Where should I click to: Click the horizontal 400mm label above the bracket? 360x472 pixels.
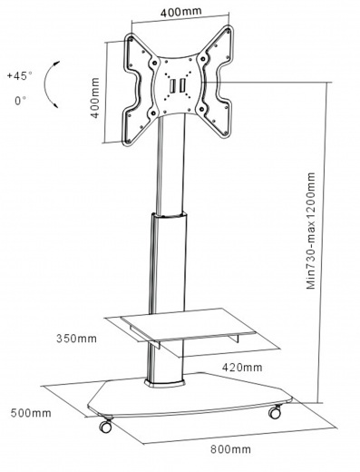tap(180, 12)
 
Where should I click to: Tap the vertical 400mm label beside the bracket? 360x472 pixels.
tap(94, 98)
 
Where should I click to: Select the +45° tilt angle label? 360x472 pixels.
tap(20, 75)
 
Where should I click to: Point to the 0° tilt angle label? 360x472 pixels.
tap(21, 100)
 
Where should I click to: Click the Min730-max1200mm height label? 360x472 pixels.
tap(311, 231)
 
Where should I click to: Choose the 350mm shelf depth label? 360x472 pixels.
tap(76, 339)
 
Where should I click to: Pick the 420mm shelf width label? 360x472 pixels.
tap(242, 368)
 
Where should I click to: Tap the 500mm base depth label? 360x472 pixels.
tap(31, 413)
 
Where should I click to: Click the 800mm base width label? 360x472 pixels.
tap(230, 449)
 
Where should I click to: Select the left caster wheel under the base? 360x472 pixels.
tap(106, 425)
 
